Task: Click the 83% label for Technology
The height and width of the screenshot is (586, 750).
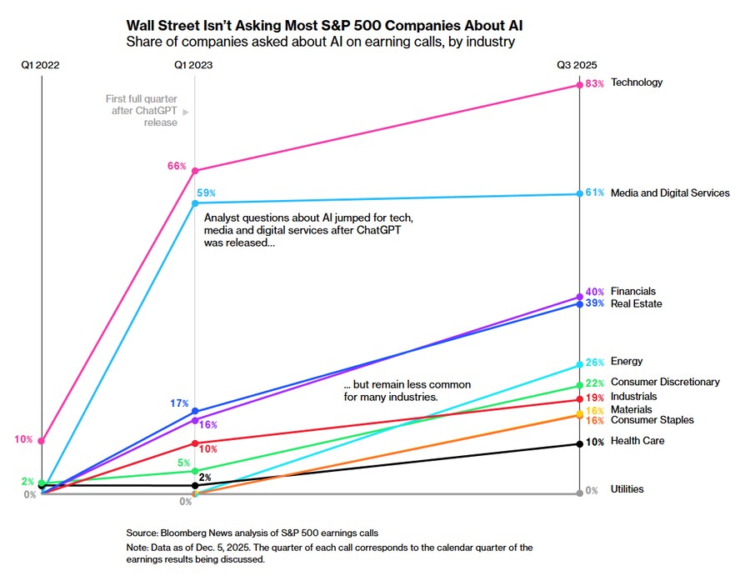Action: click(x=594, y=83)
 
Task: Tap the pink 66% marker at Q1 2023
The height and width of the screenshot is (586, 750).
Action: click(x=195, y=171)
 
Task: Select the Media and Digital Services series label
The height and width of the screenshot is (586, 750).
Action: click(x=670, y=193)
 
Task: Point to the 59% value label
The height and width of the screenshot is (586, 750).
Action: click(x=207, y=193)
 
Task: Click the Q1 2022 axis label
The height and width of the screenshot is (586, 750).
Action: click(x=42, y=64)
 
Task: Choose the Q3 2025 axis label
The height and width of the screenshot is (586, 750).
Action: click(x=577, y=64)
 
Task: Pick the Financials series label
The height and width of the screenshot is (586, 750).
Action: click(x=633, y=292)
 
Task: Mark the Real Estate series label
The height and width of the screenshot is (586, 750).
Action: click(x=637, y=304)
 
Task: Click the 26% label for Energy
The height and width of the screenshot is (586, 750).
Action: click(x=594, y=363)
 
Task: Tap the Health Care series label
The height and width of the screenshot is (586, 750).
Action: click(x=637, y=441)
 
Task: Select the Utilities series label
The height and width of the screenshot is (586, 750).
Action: click(x=627, y=489)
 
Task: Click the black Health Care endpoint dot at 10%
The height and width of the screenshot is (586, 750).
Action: click(x=579, y=443)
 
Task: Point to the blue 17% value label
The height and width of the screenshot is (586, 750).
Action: click(x=179, y=403)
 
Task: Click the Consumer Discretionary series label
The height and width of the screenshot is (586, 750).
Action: click(x=665, y=383)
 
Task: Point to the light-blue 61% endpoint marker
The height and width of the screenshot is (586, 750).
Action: click(x=579, y=194)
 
